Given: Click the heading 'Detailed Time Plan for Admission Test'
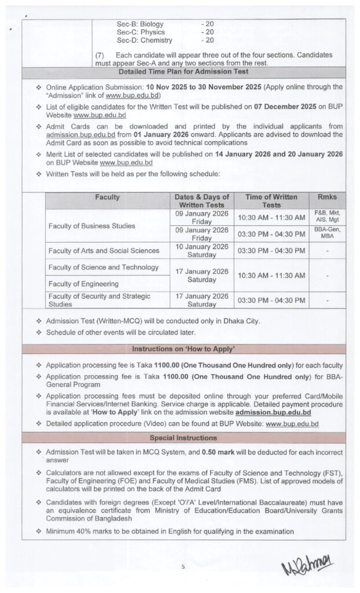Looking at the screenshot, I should [183, 72].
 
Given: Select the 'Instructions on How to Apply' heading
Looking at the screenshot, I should [183, 349].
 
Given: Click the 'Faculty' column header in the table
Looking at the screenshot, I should [108, 197].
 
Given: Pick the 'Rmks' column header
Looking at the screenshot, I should [326, 197].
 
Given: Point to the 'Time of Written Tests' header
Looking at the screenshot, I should [271, 201].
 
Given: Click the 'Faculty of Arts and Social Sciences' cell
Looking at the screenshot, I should [104, 250].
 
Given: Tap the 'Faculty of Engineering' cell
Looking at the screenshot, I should [83, 284].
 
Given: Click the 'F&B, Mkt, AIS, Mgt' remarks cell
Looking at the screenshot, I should [326, 217].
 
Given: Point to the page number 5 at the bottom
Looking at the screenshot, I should [182, 566].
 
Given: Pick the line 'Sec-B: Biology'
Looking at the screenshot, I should [141, 23].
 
